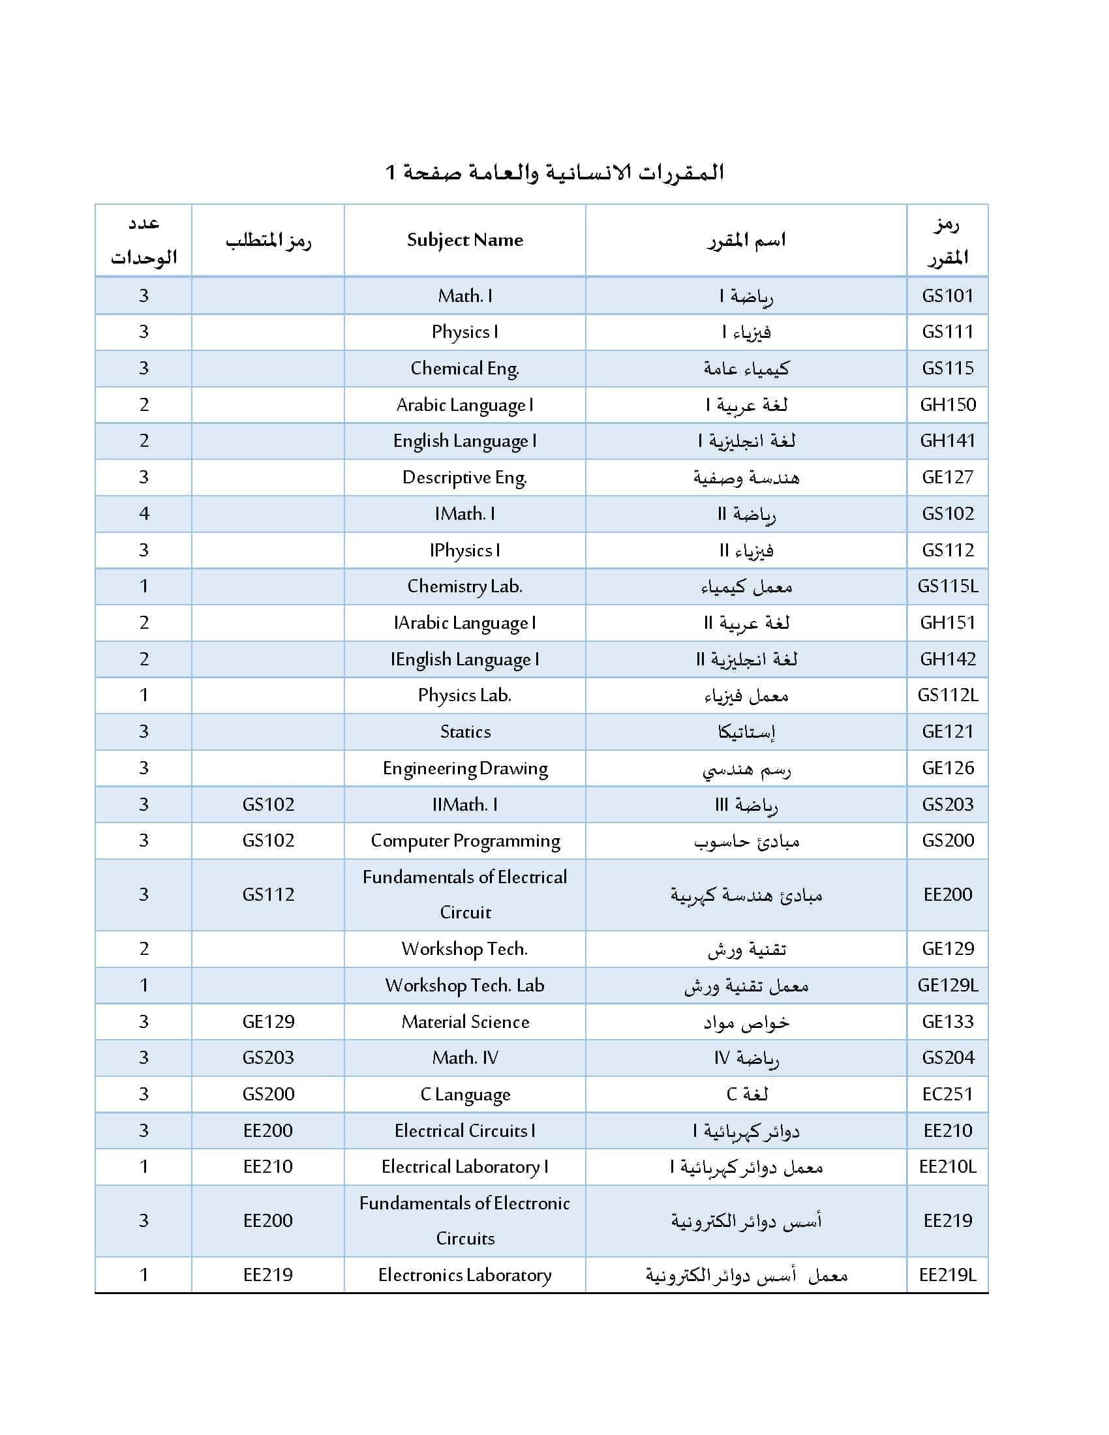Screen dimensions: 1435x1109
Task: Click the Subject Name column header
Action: pos(464,240)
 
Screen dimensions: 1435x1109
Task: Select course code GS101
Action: pos(947,295)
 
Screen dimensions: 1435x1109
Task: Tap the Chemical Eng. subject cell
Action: pos(464,369)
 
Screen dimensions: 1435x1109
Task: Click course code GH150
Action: pos(947,405)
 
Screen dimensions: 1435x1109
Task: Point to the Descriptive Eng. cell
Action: pos(464,477)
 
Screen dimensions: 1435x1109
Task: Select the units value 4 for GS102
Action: pos(144,514)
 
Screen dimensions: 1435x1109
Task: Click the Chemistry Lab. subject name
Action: pos(464,586)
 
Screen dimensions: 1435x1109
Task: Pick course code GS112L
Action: pos(947,695)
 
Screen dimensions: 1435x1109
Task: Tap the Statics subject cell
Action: pos(465,732)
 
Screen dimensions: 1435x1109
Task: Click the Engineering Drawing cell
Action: pos(465,768)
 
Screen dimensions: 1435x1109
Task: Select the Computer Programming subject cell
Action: pos(465,841)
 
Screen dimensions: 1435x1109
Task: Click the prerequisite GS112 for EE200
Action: pos(268,895)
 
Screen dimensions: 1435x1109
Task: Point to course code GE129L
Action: pos(947,986)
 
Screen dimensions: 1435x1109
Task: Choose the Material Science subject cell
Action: pos(465,1021)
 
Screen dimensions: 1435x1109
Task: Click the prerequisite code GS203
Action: pos(268,1058)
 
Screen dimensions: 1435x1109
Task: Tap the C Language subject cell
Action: pos(465,1095)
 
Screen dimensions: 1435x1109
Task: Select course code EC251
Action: pos(947,1095)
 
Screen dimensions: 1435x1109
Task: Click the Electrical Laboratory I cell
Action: pos(465,1167)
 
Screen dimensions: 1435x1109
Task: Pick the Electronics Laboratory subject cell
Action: pos(465,1275)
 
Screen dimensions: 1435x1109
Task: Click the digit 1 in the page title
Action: pos(390,173)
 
